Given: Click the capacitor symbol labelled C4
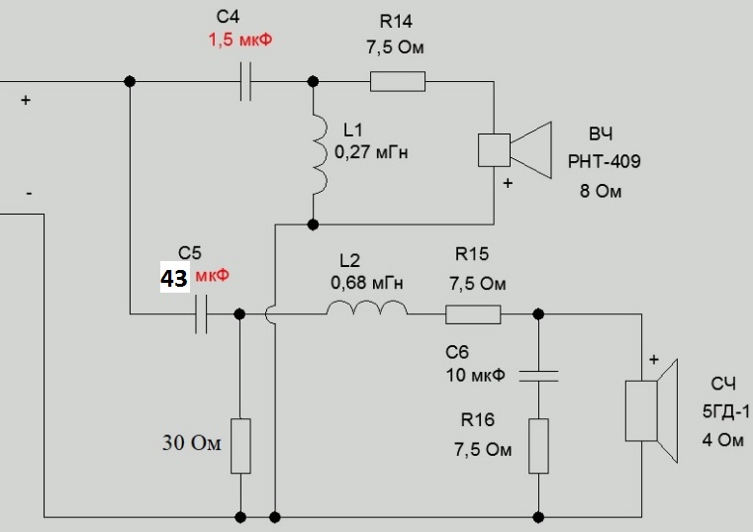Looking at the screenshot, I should (x=247, y=83).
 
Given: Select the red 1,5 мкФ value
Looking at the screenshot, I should (x=238, y=42).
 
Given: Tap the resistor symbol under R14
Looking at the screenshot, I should (x=398, y=82).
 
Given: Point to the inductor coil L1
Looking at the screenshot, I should (x=319, y=153).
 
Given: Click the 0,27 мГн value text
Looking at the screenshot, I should (x=371, y=153).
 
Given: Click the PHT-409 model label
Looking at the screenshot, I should (x=605, y=160).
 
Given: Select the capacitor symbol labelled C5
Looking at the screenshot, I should (x=201, y=314).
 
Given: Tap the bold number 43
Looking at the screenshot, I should (x=174, y=279).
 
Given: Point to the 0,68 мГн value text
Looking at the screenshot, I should (x=367, y=283).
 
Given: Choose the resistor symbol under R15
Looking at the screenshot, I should (x=472, y=314).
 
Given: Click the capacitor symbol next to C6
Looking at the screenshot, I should (x=537, y=375).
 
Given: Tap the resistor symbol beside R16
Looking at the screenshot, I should (x=537, y=446).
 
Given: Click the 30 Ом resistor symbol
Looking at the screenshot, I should (x=239, y=446).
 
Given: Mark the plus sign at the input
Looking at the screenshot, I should (x=25, y=100).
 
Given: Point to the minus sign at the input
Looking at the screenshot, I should (x=29, y=194).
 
